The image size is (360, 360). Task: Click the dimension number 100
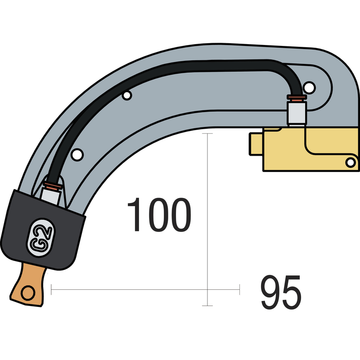(x=159, y=215)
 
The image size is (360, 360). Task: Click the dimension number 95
(x=281, y=292)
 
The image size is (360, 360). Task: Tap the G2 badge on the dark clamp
(x=40, y=238)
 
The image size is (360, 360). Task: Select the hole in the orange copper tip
(x=28, y=293)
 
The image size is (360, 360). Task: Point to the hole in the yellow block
(x=351, y=162)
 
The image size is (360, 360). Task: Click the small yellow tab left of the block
(x=256, y=144)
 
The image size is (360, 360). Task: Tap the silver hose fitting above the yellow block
(x=297, y=113)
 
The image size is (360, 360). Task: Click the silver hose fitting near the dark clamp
(x=50, y=196)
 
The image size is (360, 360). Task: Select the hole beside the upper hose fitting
(x=309, y=87)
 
